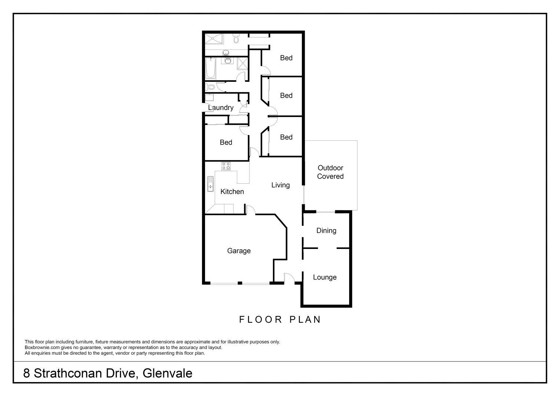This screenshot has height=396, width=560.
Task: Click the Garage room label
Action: click(239, 251)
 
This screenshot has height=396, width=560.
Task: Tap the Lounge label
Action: click(325, 277)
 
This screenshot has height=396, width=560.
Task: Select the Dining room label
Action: click(326, 231)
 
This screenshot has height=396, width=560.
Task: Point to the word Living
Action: click(281, 185)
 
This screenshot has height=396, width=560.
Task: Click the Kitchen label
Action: click(232, 191)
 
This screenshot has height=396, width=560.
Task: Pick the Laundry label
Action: click(221, 107)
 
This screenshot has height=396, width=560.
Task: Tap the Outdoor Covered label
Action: click(330, 172)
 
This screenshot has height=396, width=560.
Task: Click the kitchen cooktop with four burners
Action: click(226, 166)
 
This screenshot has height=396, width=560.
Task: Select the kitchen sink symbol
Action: click(210, 184)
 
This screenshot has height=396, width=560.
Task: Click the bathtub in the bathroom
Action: click(211, 68)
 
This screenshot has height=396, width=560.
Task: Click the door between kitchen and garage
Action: click(250, 210)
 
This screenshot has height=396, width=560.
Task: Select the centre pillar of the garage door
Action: click(239, 283)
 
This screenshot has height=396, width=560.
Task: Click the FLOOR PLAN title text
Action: click(280, 319)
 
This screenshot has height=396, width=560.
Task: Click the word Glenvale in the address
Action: click(168, 373)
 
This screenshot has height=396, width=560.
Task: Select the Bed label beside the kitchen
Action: click(226, 142)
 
